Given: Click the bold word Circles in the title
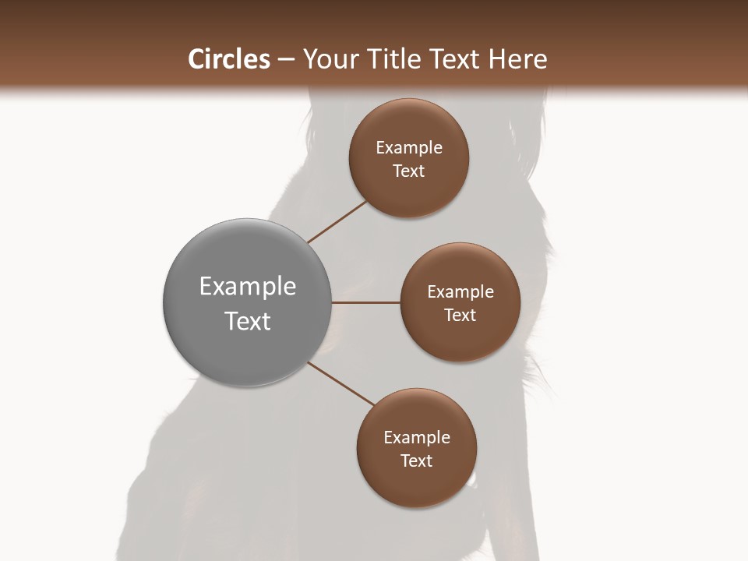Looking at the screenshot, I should (x=228, y=59).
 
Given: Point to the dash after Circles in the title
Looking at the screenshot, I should (x=286, y=60).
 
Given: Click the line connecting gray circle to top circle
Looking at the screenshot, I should (x=337, y=221).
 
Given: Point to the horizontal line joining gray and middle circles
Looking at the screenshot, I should (x=365, y=302).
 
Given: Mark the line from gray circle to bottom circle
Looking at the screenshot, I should (x=340, y=383).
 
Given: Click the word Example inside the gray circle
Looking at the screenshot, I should (x=247, y=287).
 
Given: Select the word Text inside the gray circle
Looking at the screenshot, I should (x=247, y=321).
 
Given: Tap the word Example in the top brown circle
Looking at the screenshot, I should (x=409, y=147).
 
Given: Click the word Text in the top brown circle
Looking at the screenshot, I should (x=408, y=171).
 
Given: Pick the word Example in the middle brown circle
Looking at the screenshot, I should (x=460, y=291).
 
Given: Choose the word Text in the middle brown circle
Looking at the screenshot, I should (x=460, y=315).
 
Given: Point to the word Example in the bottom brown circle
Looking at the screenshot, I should (x=417, y=437).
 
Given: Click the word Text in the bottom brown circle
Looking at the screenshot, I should (x=416, y=460).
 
